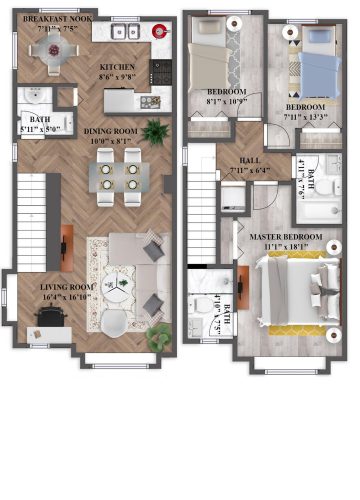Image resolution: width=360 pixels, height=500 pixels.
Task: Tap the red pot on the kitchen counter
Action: point(158,29)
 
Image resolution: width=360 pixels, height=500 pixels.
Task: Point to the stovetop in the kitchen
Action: point(160,68)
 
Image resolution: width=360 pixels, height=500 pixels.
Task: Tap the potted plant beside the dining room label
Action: point(155,131)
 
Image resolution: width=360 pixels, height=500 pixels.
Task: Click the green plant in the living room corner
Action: point(156,340)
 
